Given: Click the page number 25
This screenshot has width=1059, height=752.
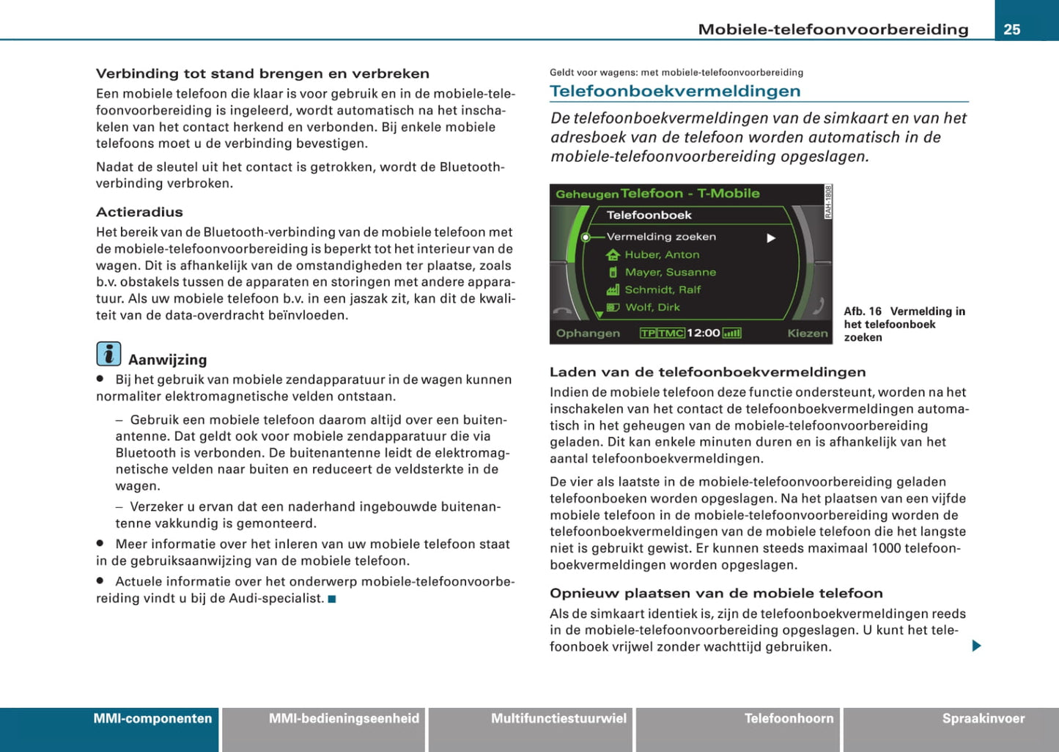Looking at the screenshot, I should coord(1012,29).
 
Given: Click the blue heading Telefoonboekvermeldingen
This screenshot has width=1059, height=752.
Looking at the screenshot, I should coord(674,91).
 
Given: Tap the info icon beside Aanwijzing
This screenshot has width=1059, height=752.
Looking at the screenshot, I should coord(108,354).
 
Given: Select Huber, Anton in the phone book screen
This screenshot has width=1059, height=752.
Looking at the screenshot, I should coord(662,254).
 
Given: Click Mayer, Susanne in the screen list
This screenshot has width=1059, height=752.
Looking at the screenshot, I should coord(670,272).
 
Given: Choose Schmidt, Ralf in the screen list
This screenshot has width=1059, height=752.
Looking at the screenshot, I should coord(663,290).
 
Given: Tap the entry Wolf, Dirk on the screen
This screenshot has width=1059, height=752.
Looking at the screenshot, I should coord(652,307).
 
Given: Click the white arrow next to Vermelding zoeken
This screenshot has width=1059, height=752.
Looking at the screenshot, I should coord(771,238).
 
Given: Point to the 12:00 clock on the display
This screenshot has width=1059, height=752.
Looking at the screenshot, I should coord(703,333).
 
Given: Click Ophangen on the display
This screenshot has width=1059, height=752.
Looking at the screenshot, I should coord(588,333).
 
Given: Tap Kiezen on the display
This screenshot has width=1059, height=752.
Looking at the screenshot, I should coord(807,333).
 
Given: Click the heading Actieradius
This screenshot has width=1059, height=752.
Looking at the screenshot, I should coord(139,212).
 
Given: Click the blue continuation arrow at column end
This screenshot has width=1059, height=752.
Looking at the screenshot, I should coord(976,646).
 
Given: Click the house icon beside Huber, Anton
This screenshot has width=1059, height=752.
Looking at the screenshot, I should coord(613,254).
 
